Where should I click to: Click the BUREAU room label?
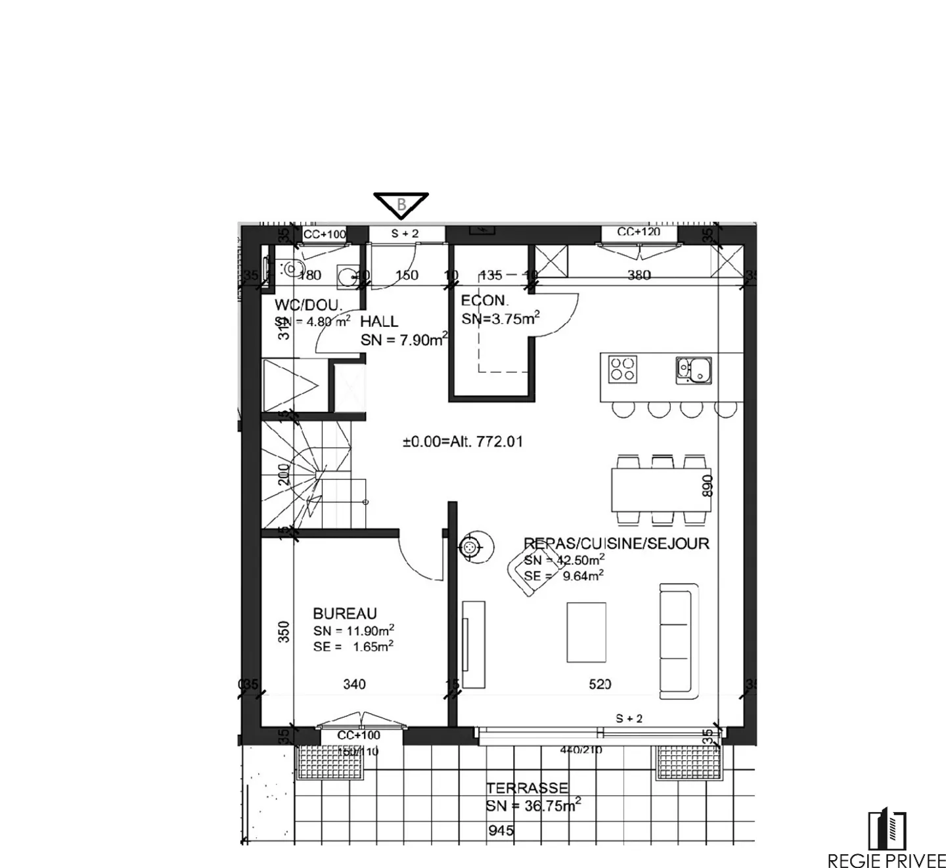(345, 613)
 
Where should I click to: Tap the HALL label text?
(379, 321)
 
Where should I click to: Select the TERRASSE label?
(527, 788)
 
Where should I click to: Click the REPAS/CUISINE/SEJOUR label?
(616, 544)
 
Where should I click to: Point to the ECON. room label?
(485, 301)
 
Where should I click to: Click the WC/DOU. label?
(308, 305)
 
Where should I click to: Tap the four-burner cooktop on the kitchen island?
(622, 369)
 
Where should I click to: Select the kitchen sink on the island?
(694, 369)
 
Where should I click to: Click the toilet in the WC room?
(291, 268)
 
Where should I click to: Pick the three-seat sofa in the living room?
(679, 640)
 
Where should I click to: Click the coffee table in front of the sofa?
(586, 632)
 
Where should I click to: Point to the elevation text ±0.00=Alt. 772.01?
(462, 442)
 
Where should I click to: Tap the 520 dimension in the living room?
(600, 684)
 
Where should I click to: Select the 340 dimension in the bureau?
(354, 684)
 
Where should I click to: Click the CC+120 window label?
(639, 232)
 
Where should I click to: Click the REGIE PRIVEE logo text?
(886, 859)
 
